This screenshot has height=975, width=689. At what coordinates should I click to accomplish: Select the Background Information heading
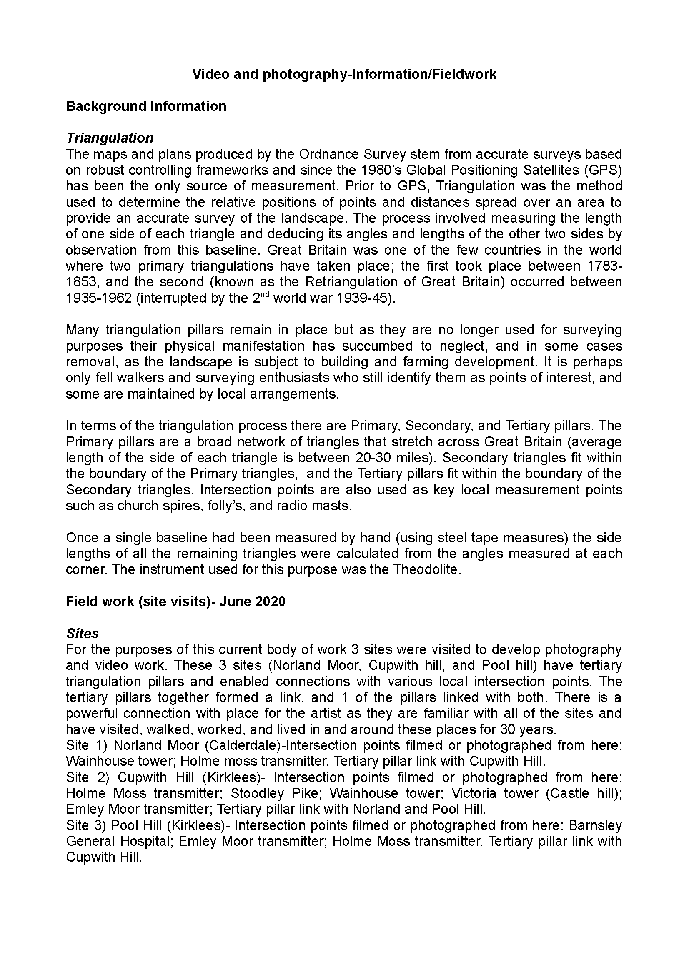coord(146,106)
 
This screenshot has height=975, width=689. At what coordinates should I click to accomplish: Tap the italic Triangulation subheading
coord(110,138)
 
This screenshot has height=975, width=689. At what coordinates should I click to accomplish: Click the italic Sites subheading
coord(83,634)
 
